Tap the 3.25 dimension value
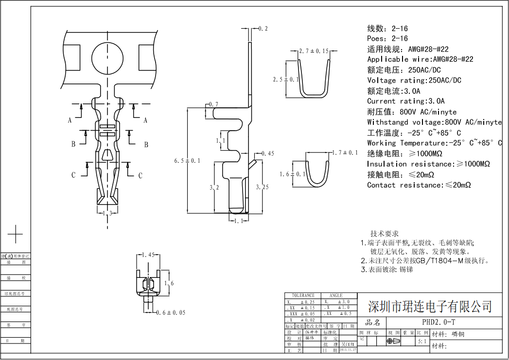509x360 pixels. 263,187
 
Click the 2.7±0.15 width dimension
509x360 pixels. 314,51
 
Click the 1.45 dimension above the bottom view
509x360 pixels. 148,255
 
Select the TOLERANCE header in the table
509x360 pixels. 303,295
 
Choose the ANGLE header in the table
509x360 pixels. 336,295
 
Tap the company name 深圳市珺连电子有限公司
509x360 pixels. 430,307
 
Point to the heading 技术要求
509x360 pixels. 384,234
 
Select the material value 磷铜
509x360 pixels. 458,334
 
